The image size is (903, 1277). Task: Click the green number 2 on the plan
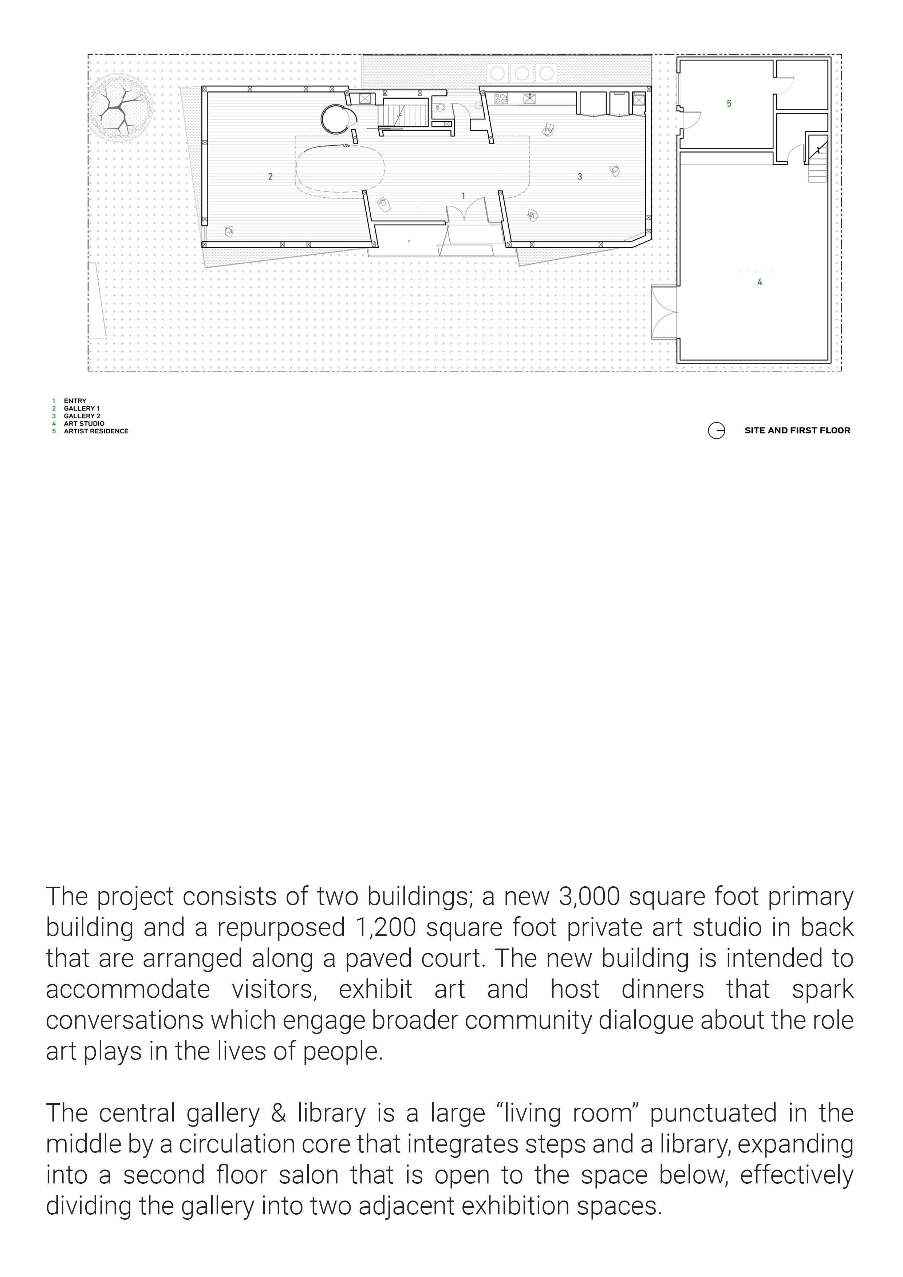click(270, 177)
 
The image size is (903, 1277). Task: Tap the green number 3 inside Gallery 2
click(580, 177)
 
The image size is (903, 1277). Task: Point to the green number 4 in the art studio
click(760, 282)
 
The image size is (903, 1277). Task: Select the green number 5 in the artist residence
click(729, 103)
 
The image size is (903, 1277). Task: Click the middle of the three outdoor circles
click(521, 73)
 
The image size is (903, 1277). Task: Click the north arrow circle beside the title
click(716, 430)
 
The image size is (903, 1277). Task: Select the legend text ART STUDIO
click(84, 423)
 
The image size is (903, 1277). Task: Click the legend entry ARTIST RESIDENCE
click(96, 431)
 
